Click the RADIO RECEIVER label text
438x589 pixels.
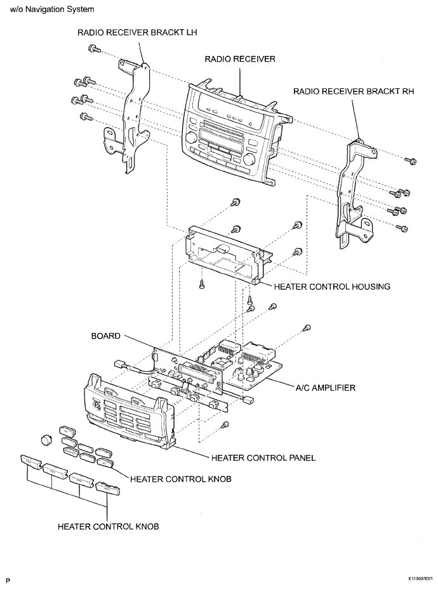pyautogui.click(x=240, y=59)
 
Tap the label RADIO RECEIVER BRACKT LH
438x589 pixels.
pyautogui.click(x=137, y=32)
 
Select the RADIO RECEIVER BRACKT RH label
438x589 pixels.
pyautogui.click(x=354, y=91)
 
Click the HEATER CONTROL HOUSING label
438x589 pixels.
pyautogui.click(x=332, y=287)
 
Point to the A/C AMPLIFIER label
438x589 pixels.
pyautogui.click(x=326, y=388)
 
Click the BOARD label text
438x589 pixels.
pyautogui.click(x=106, y=336)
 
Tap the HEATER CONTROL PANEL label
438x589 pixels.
pyautogui.click(x=263, y=458)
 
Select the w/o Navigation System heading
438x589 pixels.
pyautogui.click(x=52, y=10)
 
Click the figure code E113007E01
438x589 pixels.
pyautogui.click(x=421, y=579)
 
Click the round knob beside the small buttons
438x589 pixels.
pyautogui.click(x=46, y=440)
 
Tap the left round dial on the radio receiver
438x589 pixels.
pyautogui.click(x=191, y=137)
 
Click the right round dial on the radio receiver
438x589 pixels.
pyautogui.click(x=249, y=160)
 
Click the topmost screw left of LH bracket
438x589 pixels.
pyautogui.click(x=94, y=48)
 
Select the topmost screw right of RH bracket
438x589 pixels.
pyautogui.click(x=411, y=161)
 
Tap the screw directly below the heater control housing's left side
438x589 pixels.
pyautogui.click(x=202, y=285)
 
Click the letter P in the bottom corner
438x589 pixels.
pyautogui.click(x=8, y=581)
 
